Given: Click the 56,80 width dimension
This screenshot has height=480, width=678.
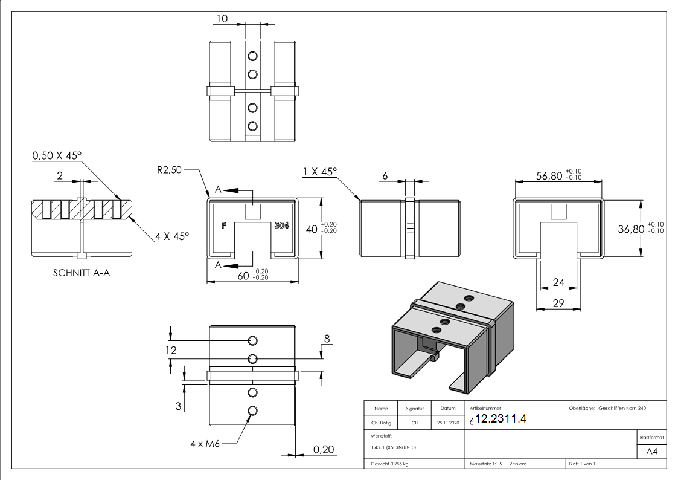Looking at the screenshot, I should coord(548,175).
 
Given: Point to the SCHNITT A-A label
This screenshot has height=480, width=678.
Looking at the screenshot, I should coord(81,273).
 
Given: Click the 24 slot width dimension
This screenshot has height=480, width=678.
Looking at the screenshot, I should coord(558,282).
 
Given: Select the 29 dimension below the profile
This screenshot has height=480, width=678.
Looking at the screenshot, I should coord(558,302).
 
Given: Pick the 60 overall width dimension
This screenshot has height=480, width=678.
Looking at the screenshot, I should coord(243,276).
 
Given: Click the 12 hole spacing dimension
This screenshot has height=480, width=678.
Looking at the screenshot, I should coord(171,349).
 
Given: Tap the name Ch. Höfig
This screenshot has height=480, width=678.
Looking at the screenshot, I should coord(381,423).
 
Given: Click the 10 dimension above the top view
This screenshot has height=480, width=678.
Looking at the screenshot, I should coord(222,19).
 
